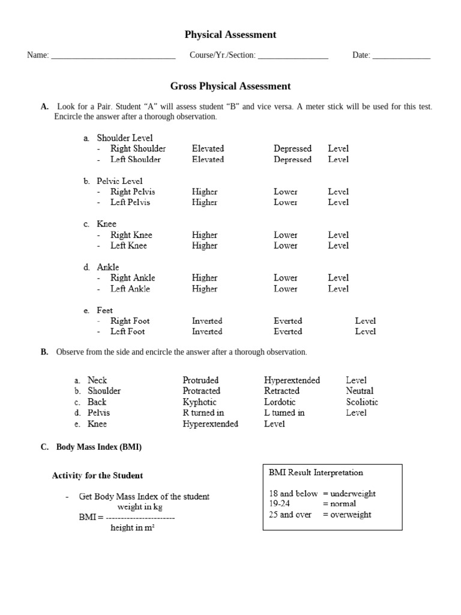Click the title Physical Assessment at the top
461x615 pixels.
click(x=230, y=35)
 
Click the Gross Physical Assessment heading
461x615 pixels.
click(x=230, y=86)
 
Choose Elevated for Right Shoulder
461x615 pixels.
click(x=208, y=148)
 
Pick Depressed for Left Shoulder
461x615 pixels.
click(x=292, y=160)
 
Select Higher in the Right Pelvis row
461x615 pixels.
click(x=205, y=192)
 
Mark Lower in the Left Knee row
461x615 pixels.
click(x=286, y=246)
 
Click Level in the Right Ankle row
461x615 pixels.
click(x=338, y=278)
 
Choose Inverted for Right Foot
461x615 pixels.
click(x=207, y=321)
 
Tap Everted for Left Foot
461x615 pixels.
click(x=288, y=332)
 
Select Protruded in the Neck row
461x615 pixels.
click(x=200, y=380)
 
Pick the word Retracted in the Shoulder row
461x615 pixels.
click(x=282, y=391)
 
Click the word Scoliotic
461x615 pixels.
click(x=362, y=402)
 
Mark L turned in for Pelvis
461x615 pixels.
click(x=284, y=413)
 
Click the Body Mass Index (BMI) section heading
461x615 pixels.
click(x=99, y=447)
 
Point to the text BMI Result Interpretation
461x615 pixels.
click(x=316, y=473)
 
